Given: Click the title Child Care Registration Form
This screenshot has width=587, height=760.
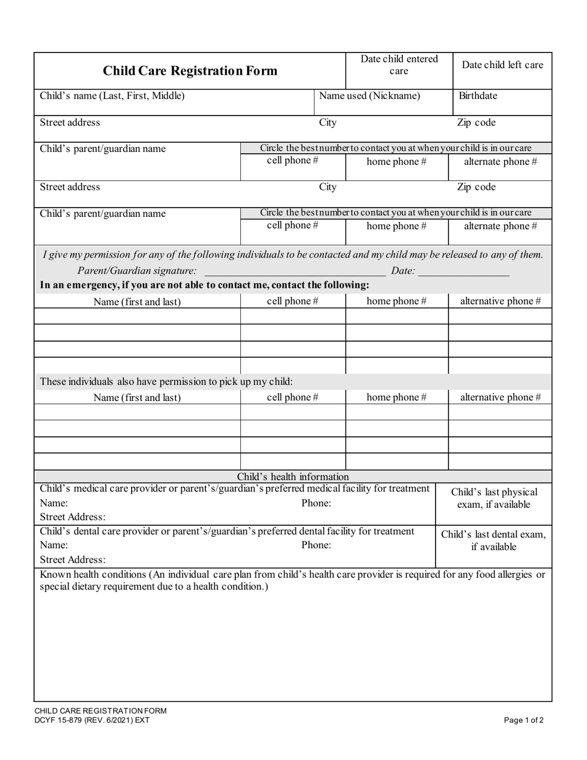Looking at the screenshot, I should click(x=190, y=71).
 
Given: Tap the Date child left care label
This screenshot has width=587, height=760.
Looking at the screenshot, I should click(x=502, y=65).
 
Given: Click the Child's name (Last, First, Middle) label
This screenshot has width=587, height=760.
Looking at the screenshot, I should click(x=112, y=96).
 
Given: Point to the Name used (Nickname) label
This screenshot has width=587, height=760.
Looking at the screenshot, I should click(x=370, y=96).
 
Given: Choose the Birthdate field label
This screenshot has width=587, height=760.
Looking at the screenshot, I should click(x=478, y=96).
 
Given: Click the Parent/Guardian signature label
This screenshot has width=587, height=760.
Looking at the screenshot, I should click(x=137, y=271).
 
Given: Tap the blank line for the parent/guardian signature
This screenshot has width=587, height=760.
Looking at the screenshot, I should click(x=295, y=271).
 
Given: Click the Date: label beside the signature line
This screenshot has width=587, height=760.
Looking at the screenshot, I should click(x=403, y=271).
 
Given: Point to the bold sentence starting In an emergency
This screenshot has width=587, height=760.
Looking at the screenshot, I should click(x=205, y=285).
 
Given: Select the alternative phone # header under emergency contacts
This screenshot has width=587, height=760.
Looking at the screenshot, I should click(x=500, y=301).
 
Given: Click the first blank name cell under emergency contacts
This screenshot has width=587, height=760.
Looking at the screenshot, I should click(x=137, y=317).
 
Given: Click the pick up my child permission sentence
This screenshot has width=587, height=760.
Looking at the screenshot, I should click(x=166, y=381).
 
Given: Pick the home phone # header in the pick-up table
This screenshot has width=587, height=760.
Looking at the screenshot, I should click(x=396, y=397).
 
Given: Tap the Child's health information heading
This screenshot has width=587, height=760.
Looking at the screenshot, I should click(x=293, y=476).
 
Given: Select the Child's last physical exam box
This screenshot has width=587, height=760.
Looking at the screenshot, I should click(x=494, y=499).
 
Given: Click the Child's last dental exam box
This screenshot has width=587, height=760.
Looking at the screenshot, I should click(x=493, y=541).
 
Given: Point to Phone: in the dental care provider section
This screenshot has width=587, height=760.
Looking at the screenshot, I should click(x=316, y=545).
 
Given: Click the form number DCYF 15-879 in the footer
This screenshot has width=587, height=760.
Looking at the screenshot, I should click(x=91, y=720).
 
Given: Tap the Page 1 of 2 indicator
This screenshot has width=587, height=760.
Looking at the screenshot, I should click(x=524, y=720).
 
